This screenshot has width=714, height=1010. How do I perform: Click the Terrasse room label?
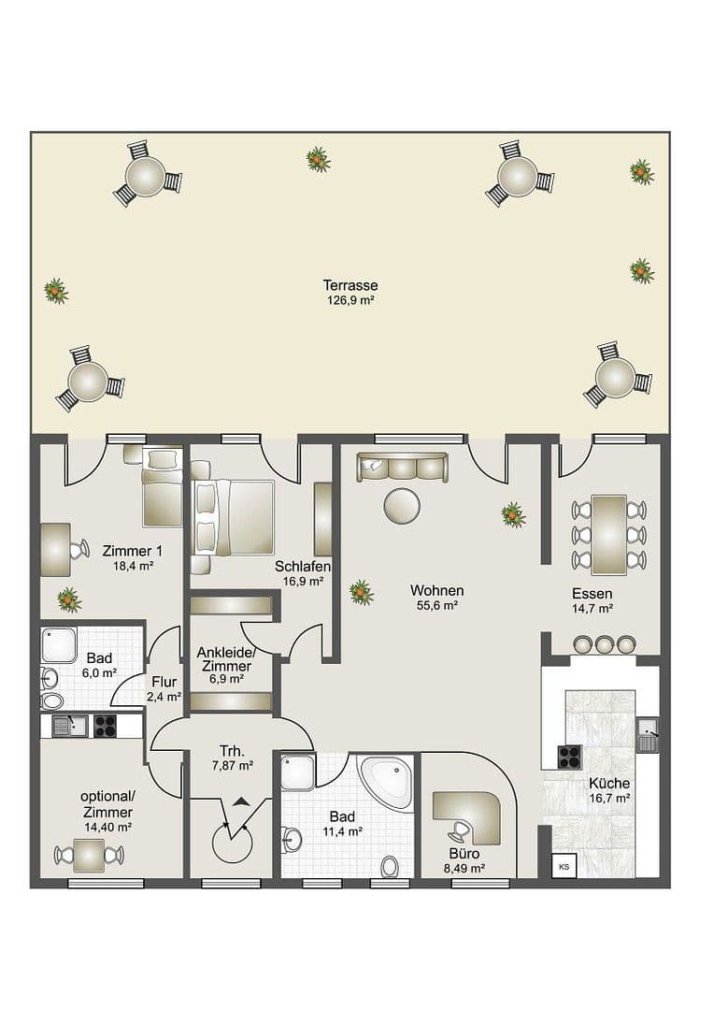350,285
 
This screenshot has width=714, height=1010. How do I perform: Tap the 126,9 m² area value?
350,301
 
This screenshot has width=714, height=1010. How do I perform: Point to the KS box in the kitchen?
564,866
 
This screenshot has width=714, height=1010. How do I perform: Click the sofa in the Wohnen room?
402,467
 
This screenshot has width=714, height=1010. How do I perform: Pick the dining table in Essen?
608,534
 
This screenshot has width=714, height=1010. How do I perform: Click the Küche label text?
608,784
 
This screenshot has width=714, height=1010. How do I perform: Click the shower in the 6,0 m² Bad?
59,645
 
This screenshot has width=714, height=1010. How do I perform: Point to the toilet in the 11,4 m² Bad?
390,866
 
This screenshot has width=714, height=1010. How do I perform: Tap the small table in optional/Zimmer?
89,854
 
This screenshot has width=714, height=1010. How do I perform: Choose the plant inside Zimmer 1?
68,599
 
